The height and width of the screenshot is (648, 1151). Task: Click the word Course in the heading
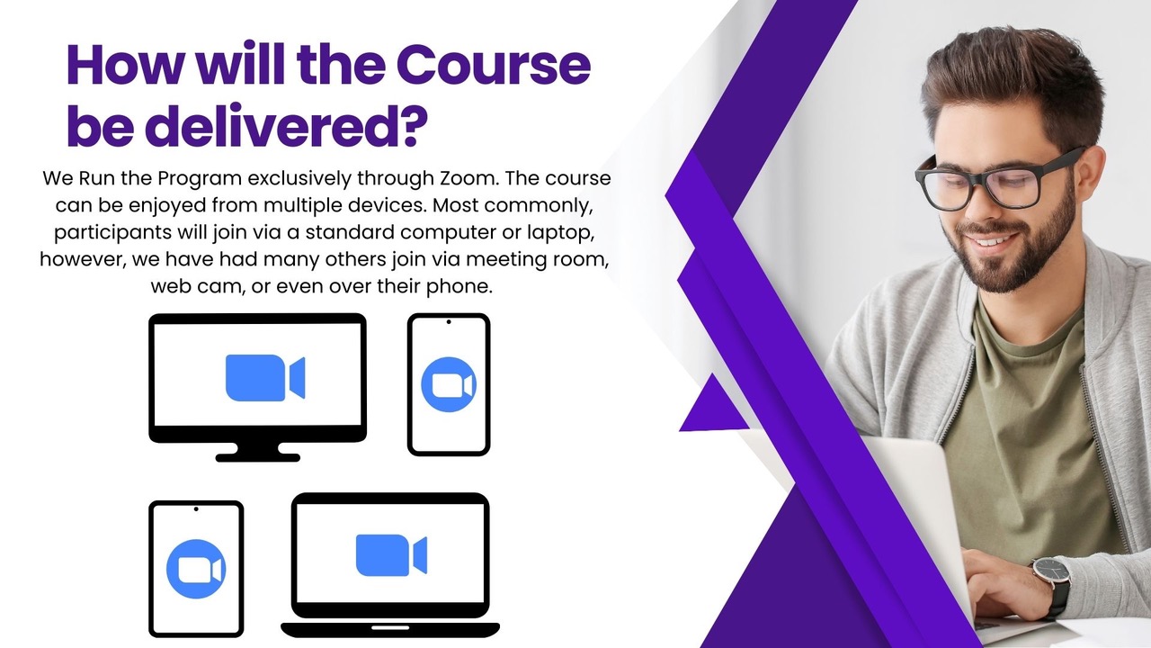tap(494, 66)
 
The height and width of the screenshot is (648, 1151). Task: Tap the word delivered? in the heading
tap(286, 126)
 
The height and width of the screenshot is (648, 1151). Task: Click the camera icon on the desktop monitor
tap(265, 377)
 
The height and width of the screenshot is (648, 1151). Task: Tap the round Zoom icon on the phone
tap(449, 384)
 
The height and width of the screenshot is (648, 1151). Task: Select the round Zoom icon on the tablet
tap(196, 569)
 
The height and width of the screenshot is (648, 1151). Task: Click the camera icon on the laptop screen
tap(391, 555)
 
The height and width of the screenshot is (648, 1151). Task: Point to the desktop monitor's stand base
tap(257, 457)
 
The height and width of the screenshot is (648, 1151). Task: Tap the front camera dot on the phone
tap(449, 322)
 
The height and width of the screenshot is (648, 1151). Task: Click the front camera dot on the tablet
tap(196, 509)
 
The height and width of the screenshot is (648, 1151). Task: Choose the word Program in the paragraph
tap(200, 179)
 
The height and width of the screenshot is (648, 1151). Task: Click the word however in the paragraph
tap(82, 259)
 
